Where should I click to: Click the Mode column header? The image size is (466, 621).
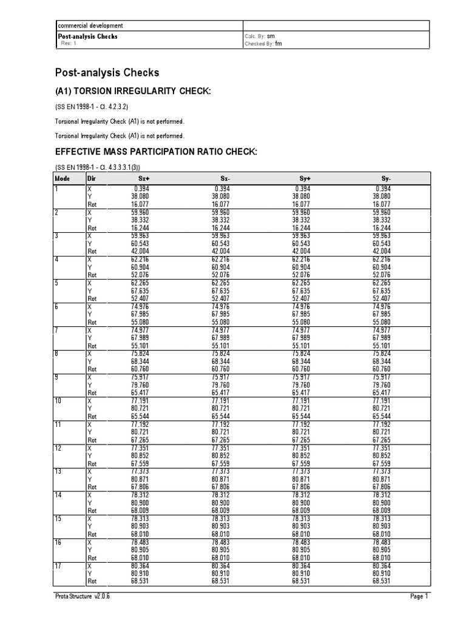tap(62, 179)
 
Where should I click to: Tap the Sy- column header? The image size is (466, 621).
tap(386, 179)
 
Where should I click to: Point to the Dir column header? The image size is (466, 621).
tap(92, 179)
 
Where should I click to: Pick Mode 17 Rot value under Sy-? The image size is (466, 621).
tap(382, 581)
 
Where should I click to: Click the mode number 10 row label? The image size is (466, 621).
tap(59, 400)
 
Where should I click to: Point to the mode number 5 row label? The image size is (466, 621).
tap(57, 283)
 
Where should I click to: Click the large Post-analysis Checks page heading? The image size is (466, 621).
tap(107, 73)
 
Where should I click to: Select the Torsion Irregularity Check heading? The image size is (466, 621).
tap(133, 91)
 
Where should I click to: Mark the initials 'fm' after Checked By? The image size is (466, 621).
tap(279, 44)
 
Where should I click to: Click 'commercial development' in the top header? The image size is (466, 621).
tap(90, 26)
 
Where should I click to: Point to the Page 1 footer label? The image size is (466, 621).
tap(419, 597)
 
